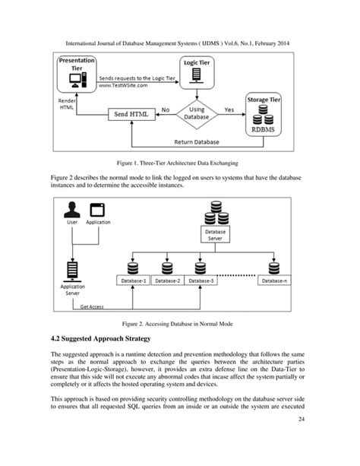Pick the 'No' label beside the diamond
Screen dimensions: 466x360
(166, 109)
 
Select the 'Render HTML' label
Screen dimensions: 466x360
(68, 105)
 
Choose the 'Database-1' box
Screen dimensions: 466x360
(131, 281)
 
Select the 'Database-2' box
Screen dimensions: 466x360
(166, 281)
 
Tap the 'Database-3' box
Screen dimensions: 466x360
(202, 281)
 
